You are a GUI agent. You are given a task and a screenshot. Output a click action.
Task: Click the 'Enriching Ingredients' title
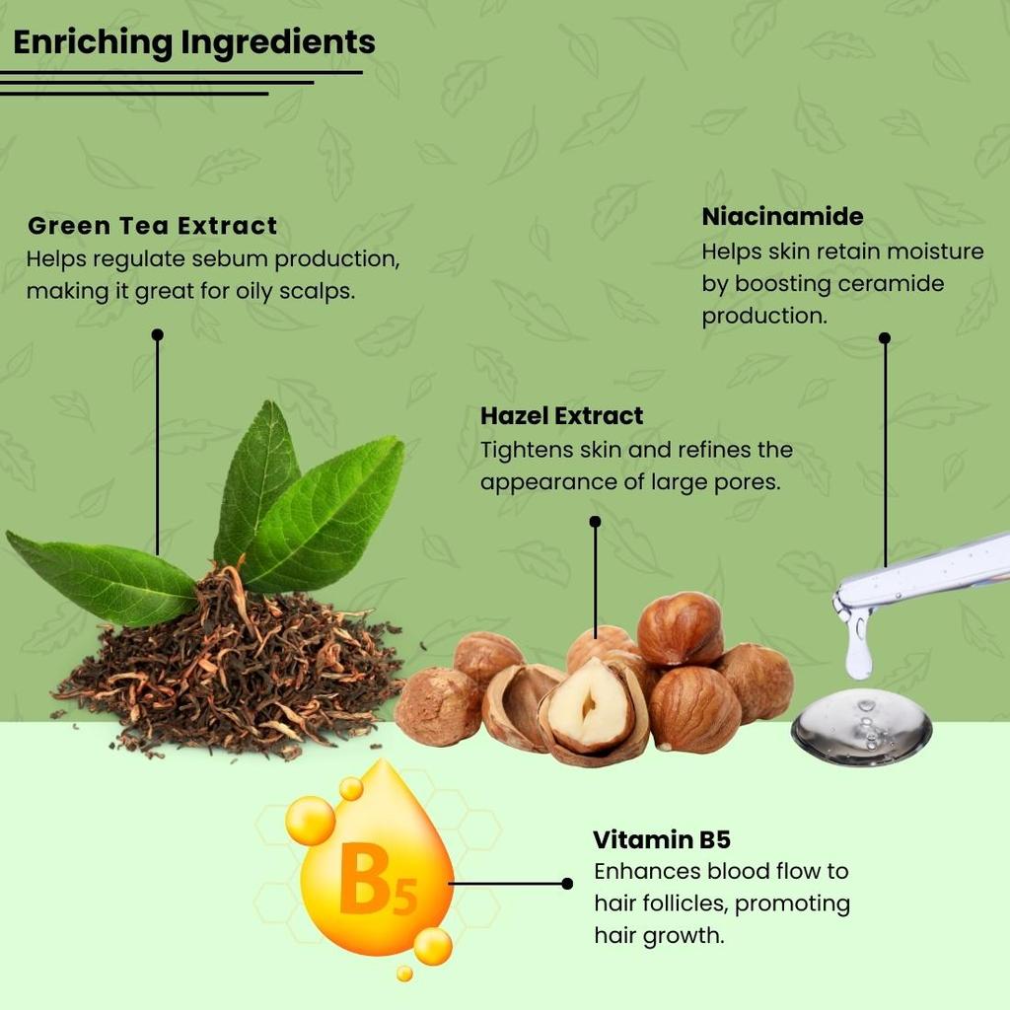pyautogui.click(x=193, y=42)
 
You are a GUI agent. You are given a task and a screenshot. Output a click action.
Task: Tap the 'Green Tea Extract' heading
pyautogui.click(x=152, y=226)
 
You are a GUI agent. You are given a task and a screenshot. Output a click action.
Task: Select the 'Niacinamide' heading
pyautogui.click(x=782, y=216)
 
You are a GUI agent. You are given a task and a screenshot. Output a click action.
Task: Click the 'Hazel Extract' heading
pyautogui.click(x=561, y=415)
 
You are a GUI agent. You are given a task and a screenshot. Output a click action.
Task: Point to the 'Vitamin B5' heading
pyautogui.click(x=661, y=840)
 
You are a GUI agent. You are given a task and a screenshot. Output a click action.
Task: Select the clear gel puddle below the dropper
pyautogui.click(x=861, y=728)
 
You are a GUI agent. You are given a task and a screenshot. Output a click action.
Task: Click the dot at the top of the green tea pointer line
pyautogui.click(x=157, y=335)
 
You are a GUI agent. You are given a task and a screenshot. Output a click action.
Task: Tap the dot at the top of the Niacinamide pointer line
pyautogui.click(x=885, y=337)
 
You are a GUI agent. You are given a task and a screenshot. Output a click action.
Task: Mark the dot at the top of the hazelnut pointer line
pyautogui.click(x=595, y=522)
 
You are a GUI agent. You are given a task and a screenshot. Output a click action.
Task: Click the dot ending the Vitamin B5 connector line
pyautogui.click(x=567, y=884)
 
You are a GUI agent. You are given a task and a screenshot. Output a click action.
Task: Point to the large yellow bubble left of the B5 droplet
pyautogui.click(x=311, y=821)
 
